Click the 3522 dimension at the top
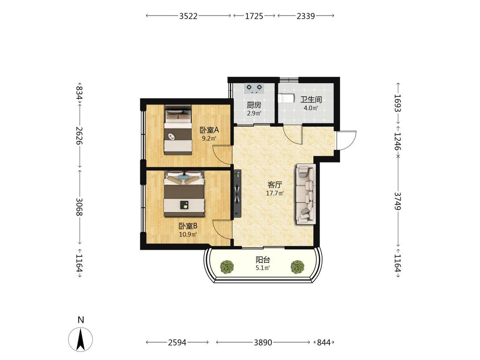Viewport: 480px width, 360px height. pos(188,16)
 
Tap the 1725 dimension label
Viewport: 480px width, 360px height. pos(254,16)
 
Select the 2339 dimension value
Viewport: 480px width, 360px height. pos(305,16)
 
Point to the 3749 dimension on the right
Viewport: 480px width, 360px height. pos(398,201)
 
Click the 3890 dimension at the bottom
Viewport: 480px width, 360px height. pos(263,342)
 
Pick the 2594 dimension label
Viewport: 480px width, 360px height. pos(177,342)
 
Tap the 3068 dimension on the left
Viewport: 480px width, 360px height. pos(79,206)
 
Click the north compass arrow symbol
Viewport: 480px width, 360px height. pos(81,339)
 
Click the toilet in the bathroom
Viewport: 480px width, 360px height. pos(286,99)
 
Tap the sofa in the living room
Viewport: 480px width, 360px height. pos(305,194)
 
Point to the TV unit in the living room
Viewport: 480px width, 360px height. pos(238,194)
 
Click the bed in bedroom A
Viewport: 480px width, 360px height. pos(178,130)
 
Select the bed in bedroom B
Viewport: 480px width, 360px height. pos(184,194)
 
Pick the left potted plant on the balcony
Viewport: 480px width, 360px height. pos(227,267)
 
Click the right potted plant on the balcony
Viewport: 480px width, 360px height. pos(297,267)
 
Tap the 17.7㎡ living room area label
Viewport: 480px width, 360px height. pos(275,194)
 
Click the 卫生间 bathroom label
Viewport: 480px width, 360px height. pos(311,99)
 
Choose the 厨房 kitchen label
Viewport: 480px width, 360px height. pos(254,105)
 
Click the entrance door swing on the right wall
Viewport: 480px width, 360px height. pos(347,140)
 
